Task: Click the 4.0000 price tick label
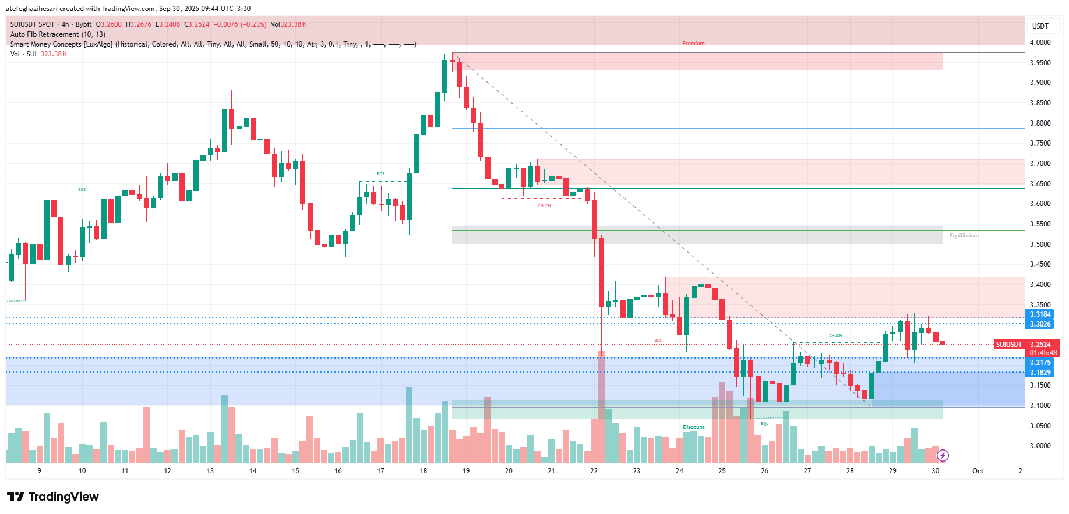1040,42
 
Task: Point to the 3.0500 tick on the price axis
1040,426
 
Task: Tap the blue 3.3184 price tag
1040,314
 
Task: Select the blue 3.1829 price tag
1040,373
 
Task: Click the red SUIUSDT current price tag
1008,345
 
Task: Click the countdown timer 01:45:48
1043,353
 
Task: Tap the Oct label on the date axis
978,471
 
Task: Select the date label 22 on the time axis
594,471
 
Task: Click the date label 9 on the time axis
39,471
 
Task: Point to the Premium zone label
693,44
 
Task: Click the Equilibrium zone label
964,236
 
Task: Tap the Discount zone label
693,427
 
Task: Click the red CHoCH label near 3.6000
544,206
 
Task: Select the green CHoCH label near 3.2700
835,336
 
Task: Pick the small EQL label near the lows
764,424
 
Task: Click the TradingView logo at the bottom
53,497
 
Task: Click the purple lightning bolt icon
943,455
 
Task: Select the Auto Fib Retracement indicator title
58,34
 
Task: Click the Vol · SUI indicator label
23,54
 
